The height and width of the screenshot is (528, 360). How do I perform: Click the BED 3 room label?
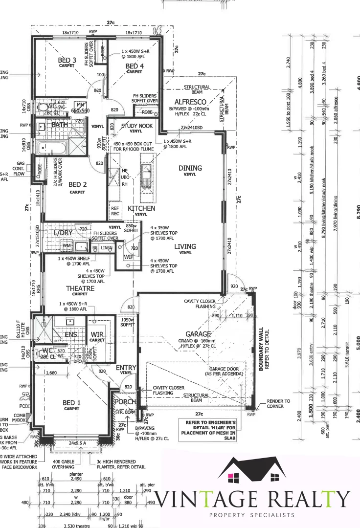[x=67, y=60]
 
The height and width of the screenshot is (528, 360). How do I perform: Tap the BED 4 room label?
[x=135, y=66]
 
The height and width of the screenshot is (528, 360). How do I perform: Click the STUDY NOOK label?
[x=136, y=126]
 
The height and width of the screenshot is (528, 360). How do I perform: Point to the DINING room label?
[x=190, y=168]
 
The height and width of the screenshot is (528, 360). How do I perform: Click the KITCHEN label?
[x=141, y=208]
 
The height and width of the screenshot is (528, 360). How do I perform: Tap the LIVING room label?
[x=185, y=246]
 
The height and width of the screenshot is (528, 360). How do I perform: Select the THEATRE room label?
[x=80, y=288]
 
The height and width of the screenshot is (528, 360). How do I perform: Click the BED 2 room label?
[x=77, y=185]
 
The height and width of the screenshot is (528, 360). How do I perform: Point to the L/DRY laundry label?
[x=63, y=233]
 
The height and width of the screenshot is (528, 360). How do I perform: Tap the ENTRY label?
[x=126, y=367]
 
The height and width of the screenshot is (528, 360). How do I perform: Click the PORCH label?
[x=125, y=401]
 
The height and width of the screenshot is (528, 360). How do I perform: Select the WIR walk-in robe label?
[x=97, y=334]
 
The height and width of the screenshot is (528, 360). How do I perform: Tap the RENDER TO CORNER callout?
[x=278, y=403]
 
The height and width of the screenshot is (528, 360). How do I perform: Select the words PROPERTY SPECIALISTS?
[x=251, y=515]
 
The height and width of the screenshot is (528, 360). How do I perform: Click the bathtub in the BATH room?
[x=52, y=147]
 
